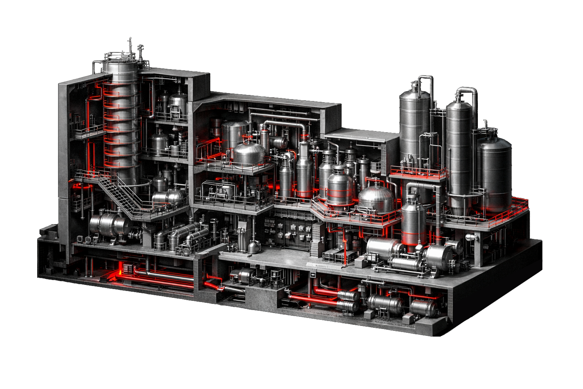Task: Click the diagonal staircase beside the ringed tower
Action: pyautogui.click(x=118, y=196)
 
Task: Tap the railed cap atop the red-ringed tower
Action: pyautogui.click(x=119, y=61)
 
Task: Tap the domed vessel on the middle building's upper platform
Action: pyautogui.click(x=249, y=154)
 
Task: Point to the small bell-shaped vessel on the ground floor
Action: pyautogui.click(x=253, y=247)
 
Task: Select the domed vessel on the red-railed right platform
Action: pyautogui.click(x=376, y=199)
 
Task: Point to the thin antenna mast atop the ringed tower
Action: pyautogui.click(x=129, y=44)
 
